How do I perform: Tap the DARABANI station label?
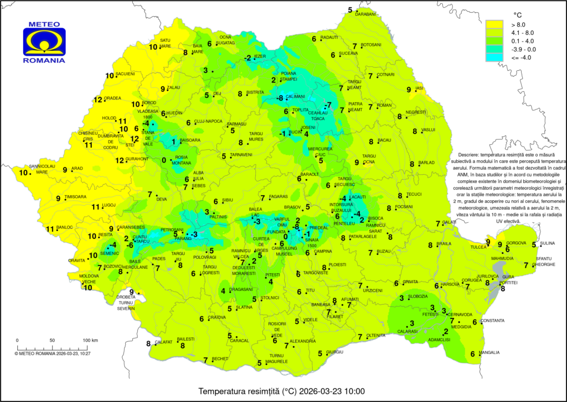[366, 14]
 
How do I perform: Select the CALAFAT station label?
[163, 342]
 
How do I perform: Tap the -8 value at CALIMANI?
[280, 98]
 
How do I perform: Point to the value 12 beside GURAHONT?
[119, 161]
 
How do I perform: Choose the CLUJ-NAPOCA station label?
[208, 121]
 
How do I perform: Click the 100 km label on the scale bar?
[90, 340]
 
